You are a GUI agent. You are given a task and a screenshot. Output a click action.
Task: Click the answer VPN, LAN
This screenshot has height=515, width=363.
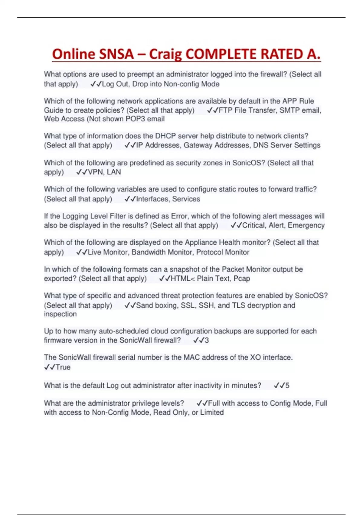tap(104, 172)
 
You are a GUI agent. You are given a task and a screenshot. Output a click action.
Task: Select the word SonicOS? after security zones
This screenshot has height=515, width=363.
tap(248, 163)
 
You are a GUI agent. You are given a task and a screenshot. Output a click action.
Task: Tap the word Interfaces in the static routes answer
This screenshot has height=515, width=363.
tap(152, 199)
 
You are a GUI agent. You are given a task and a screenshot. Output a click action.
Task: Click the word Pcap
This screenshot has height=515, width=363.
tap(242, 279)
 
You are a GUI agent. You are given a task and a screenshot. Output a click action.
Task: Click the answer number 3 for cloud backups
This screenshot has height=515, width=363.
tap(207, 341)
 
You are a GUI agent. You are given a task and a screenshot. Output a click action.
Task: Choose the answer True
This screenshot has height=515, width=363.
tap(63, 367)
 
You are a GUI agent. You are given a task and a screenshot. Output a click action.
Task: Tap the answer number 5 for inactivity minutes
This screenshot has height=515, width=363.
tap(287, 386)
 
